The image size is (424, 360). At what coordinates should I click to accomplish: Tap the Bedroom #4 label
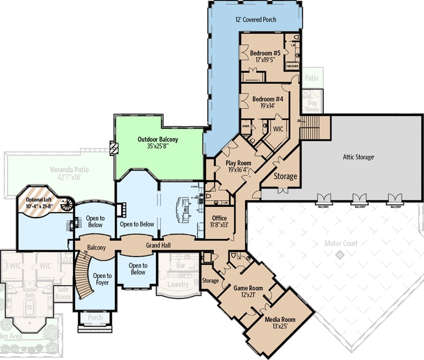pyautogui.click(x=268, y=99)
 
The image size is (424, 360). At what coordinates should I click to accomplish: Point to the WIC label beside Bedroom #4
pyautogui.click(x=278, y=129)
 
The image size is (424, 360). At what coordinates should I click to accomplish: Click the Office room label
pyautogui.click(x=219, y=218)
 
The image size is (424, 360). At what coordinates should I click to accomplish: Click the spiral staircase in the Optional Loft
pyautogui.click(x=66, y=205)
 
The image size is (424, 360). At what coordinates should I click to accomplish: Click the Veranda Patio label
pyautogui.click(x=69, y=170)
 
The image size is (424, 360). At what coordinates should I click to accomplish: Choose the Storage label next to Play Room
pyautogui.click(x=285, y=176)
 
